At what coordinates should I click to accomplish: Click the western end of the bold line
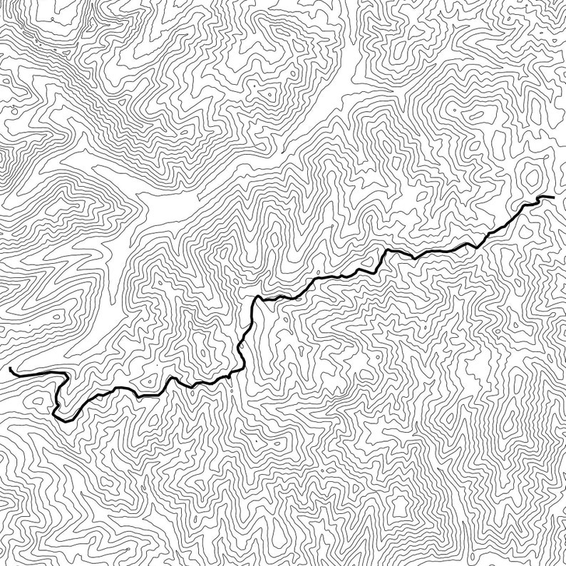click(x=11, y=369)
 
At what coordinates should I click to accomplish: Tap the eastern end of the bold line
click(x=552, y=196)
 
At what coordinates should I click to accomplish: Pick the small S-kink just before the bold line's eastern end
click(x=529, y=205)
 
